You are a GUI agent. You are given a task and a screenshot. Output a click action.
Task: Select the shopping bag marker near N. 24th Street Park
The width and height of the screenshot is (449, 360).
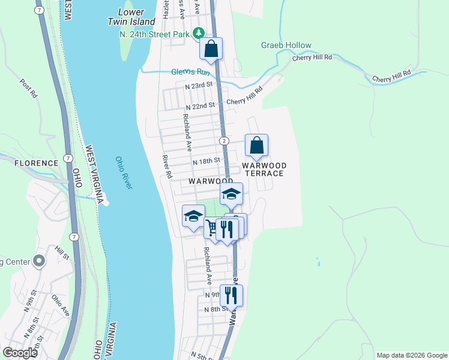point(211,49)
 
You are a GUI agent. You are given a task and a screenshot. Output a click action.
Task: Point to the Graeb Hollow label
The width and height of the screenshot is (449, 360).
point(286,45)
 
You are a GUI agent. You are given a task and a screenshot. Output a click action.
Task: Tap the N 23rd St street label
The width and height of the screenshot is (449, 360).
point(199,86)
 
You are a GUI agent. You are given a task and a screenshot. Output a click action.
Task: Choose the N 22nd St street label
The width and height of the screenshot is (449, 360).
point(200,106)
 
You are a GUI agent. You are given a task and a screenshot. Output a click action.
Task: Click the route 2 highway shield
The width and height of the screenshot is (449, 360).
point(223,140)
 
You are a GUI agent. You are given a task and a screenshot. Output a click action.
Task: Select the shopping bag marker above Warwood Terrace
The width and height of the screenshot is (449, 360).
point(256,145)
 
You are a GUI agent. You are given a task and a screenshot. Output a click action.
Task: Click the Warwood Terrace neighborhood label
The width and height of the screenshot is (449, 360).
point(264,169)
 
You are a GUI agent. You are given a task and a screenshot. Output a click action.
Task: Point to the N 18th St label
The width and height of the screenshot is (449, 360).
point(206,161)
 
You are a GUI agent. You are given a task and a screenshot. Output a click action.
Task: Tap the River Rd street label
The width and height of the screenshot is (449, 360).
point(167,166)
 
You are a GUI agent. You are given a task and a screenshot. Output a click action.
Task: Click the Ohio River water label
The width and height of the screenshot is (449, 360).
point(123,173)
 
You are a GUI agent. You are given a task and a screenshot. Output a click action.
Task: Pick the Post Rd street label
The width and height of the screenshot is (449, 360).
point(28,89)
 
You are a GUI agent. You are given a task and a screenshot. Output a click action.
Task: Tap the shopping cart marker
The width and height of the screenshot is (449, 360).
point(212,227)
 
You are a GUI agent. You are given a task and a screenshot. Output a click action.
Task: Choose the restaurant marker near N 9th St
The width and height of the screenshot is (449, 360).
point(231,295)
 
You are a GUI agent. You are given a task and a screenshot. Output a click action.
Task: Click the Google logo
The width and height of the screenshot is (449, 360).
point(20,353)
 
